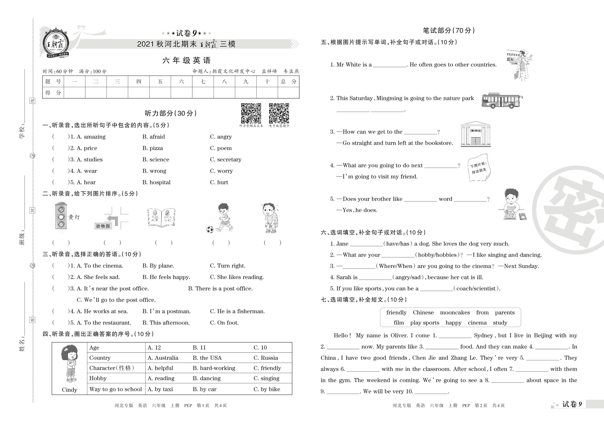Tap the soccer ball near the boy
click(210, 229)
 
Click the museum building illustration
click(475, 134)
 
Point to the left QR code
click(251, 113)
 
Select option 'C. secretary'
click(226, 159)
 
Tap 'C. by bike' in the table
click(267, 389)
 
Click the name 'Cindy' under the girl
click(70, 389)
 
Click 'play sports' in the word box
click(424, 322)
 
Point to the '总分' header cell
click(288, 81)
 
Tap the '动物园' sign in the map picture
click(103, 226)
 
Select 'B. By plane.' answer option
click(158, 266)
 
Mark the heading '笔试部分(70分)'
click(449, 31)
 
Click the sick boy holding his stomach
click(270, 218)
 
